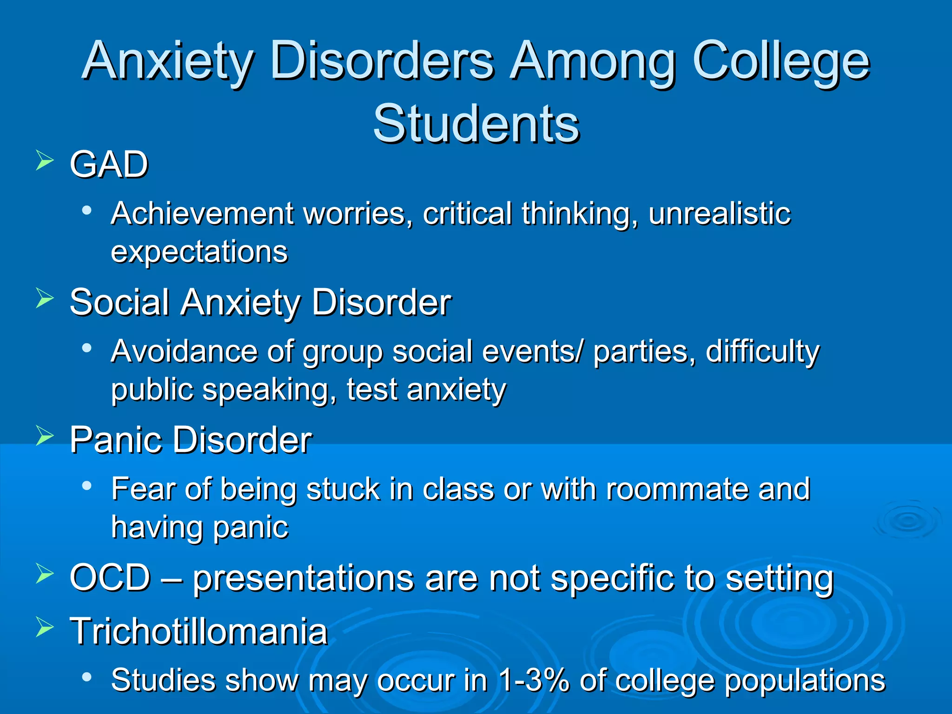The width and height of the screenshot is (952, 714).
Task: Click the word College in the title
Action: point(780,62)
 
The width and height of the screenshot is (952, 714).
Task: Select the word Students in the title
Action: point(476,124)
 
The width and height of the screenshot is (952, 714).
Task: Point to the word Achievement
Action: point(202,214)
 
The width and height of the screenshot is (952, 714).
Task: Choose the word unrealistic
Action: point(719,214)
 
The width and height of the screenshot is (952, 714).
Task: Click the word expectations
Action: point(199,252)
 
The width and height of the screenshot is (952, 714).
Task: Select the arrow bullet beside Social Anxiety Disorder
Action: point(45,298)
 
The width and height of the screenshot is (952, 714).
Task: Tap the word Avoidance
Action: point(184,351)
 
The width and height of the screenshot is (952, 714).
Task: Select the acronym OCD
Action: point(110,578)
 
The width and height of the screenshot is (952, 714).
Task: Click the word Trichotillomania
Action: point(198,632)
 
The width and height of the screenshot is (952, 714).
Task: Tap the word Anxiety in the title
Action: point(168,62)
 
